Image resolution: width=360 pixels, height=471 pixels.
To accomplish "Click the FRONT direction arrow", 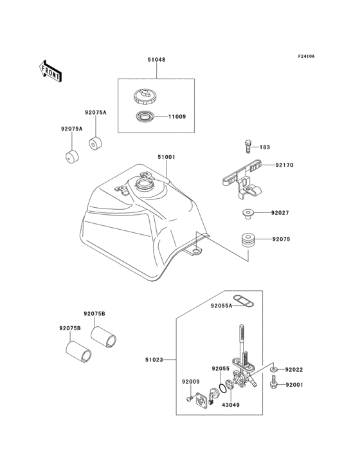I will (x=51, y=70).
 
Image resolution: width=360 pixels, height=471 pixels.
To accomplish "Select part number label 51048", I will (x=156, y=60).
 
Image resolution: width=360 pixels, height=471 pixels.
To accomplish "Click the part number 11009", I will (x=177, y=117).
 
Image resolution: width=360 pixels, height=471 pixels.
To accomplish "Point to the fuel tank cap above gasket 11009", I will (x=145, y=98).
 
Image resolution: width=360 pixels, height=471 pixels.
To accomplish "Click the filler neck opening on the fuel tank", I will (x=144, y=186).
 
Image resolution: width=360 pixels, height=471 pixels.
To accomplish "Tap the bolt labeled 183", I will (x=247, y=146).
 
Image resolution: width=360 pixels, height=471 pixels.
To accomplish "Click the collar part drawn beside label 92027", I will (x=247, y=213).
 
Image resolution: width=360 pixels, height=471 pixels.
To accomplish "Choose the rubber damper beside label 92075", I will (x=248, y=241).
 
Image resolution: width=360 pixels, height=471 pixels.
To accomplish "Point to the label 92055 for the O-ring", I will (x=221, y=369).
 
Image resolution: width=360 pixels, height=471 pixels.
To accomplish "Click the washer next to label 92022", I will (x=274, y=370).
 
